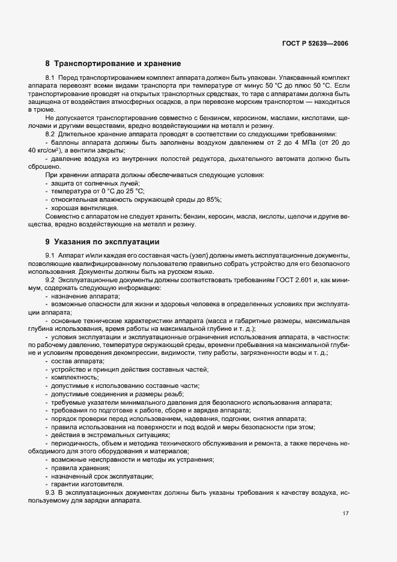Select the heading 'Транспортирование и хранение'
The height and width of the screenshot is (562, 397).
coord(118,63)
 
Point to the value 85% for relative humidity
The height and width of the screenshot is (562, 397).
coord(214,199)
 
